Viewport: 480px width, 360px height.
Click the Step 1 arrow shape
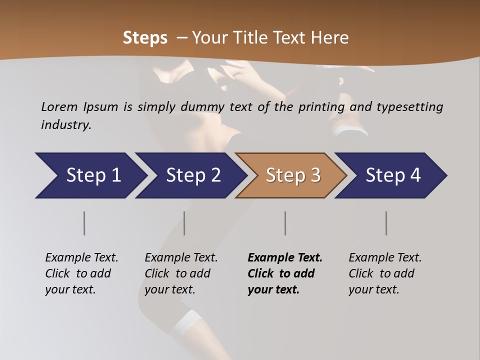(90, 175)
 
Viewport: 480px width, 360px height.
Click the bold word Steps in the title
(145, 38)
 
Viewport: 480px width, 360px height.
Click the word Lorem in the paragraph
(59, 106)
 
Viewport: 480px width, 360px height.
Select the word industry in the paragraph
(65, 125)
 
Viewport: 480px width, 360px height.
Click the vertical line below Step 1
(84, 223)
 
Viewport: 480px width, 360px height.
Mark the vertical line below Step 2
(184, 223)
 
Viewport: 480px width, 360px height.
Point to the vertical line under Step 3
(285, 223)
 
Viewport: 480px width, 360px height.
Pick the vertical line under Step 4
(386, 223)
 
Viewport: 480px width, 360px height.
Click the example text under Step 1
(81, 273)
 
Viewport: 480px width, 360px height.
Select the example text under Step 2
(181, 273)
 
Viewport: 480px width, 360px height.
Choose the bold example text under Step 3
(285, 273)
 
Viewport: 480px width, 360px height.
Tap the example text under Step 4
(385, 273)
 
